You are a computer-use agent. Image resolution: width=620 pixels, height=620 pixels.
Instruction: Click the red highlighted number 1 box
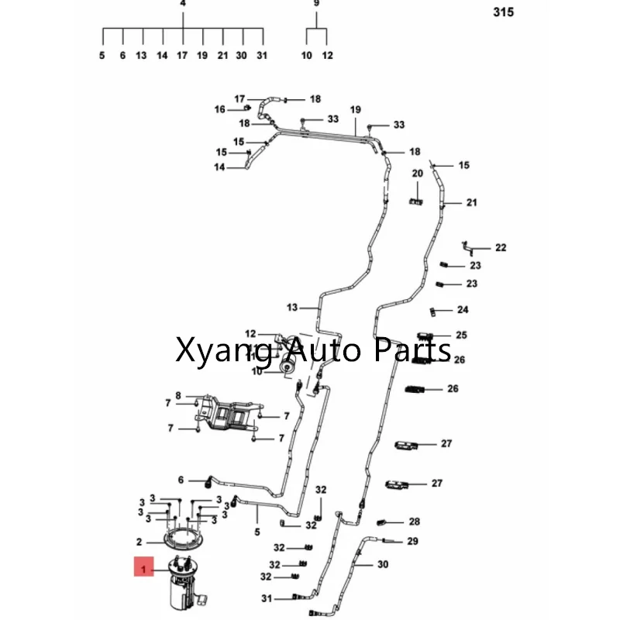click(142, 570)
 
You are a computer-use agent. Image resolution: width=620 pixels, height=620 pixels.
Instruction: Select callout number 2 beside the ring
click(139, 542)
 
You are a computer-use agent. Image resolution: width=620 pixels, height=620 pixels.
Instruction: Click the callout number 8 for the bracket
click(177, 395)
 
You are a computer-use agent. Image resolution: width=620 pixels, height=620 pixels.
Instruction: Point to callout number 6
click(181, 480)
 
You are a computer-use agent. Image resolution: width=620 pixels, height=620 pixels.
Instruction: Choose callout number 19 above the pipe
click(355, 110)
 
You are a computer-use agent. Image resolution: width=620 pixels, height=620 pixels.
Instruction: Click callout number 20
click(417, 173)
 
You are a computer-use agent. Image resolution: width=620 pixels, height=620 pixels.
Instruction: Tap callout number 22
click(501, 248)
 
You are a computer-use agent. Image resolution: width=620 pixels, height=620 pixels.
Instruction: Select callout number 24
click(463, 310)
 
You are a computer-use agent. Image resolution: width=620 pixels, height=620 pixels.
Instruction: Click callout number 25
click(461, 336)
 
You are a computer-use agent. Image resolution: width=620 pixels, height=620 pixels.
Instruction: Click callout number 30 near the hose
click(383, 565)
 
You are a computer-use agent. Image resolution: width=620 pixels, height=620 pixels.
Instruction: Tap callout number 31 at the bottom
click(267, 598)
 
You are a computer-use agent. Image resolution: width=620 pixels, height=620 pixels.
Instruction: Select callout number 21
click(472, 203)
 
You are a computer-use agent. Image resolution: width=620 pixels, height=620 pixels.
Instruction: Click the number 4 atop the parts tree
click(183, 4)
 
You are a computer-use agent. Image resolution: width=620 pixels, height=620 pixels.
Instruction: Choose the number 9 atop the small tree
click(316, 4)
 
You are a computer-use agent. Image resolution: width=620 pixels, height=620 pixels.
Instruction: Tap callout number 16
click(219, 110)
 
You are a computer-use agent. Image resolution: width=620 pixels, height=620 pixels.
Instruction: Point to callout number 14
click(219, 167)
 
